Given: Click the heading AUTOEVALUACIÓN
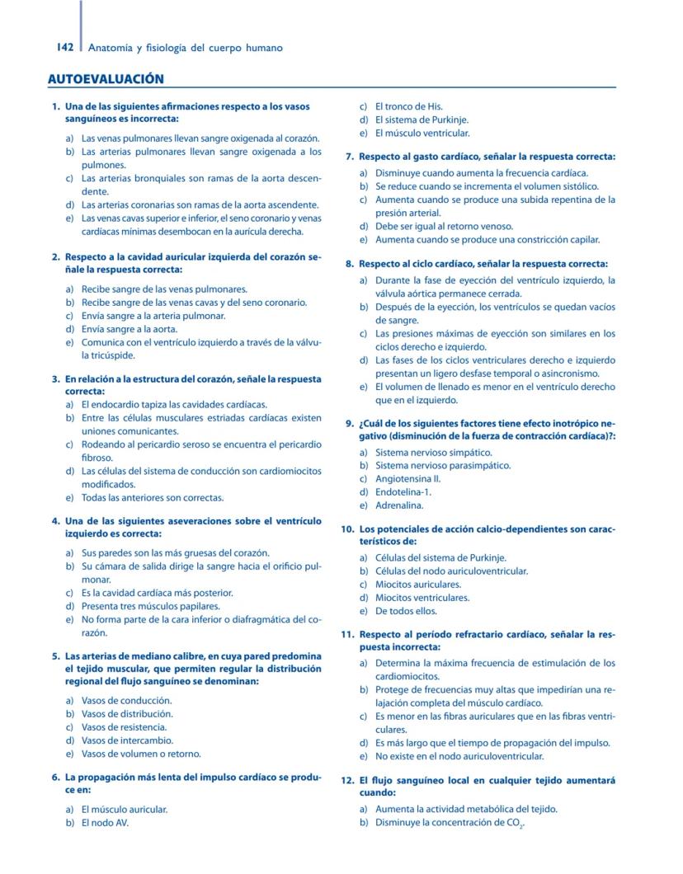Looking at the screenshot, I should [106, 79].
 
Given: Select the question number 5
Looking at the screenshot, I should [55, 656].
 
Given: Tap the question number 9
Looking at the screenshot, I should [350, 423].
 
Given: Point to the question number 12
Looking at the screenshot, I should [347, 780].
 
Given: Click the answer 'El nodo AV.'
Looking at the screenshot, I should [105, 823].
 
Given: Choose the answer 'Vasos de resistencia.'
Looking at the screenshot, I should [124, 727].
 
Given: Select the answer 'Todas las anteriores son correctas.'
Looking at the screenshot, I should [153, 498].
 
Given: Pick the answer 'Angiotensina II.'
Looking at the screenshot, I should [407, 479].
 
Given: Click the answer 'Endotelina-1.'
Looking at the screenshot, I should [403, 492].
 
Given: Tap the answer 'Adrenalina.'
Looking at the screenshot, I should [399, 505].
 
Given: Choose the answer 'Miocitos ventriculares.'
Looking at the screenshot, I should [422, 598].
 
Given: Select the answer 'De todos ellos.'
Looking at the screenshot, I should [406, 611].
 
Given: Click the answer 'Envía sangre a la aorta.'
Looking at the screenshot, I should [130, 329].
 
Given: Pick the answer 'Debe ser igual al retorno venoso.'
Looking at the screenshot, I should [444, 226].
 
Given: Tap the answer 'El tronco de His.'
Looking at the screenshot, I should [408, 106].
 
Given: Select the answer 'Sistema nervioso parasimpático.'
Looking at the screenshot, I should [442, 466].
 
